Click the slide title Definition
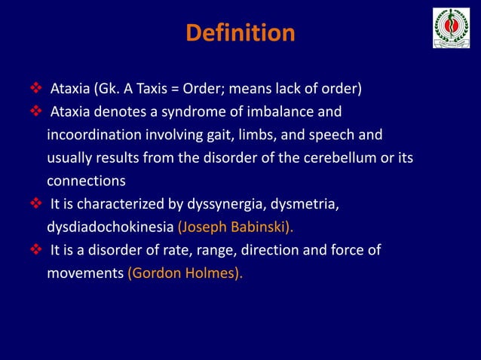(x=240, y=34)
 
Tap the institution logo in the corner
(x=451, y=29)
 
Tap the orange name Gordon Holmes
(x=184, y=273)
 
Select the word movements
(x=84, y=273)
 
